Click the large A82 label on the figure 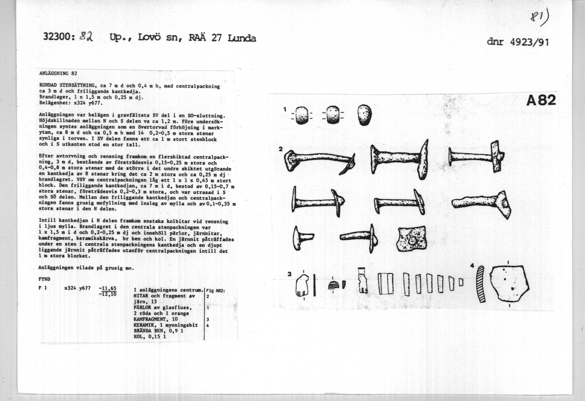coord(541,100)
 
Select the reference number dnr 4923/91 coord(518,42)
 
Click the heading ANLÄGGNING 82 coord(58,73)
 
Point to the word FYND coord(44,279)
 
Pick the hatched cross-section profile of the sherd coord(481,284)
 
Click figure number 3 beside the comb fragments coord(289,274)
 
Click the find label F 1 coord(43,289)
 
